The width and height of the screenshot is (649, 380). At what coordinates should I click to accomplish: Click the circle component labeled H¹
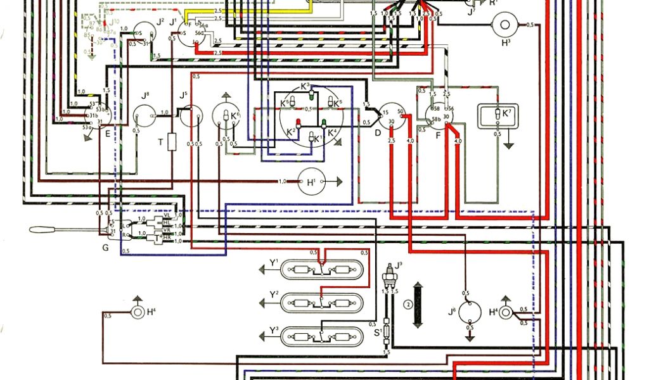[x=311, y=182]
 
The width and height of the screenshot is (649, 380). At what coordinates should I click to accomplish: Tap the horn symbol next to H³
[x=506, y=25]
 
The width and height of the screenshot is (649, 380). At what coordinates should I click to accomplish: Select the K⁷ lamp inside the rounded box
[x=498, y=114]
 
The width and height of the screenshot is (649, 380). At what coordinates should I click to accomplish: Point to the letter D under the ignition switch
[x=378, y=133]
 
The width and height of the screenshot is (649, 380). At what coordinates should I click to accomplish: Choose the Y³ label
[x=274, y=330]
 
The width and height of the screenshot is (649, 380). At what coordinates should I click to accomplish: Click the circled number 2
[x=407, y=305]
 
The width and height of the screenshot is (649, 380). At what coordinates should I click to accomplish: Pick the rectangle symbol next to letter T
[x=171, y=142]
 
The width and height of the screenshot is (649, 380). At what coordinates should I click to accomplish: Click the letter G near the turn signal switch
[x=105, y=248]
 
